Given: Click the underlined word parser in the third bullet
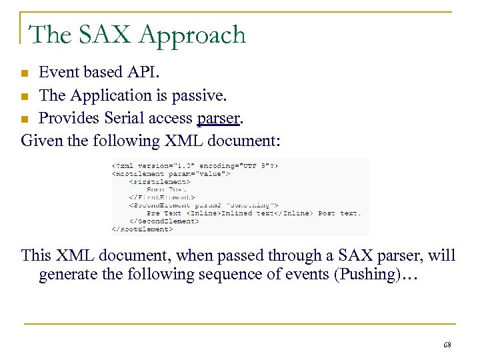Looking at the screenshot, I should [x=218, y=119].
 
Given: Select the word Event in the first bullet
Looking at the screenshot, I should [x=57, y=72].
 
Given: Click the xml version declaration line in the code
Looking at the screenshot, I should [x=195, y=165].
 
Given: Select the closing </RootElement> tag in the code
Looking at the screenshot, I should [x=142, y=229].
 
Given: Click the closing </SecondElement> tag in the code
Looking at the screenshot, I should [x=164, y=221].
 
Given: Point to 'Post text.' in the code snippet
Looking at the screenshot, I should [x=339, y=213].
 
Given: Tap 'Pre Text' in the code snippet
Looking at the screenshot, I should [x=164, y=213].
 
